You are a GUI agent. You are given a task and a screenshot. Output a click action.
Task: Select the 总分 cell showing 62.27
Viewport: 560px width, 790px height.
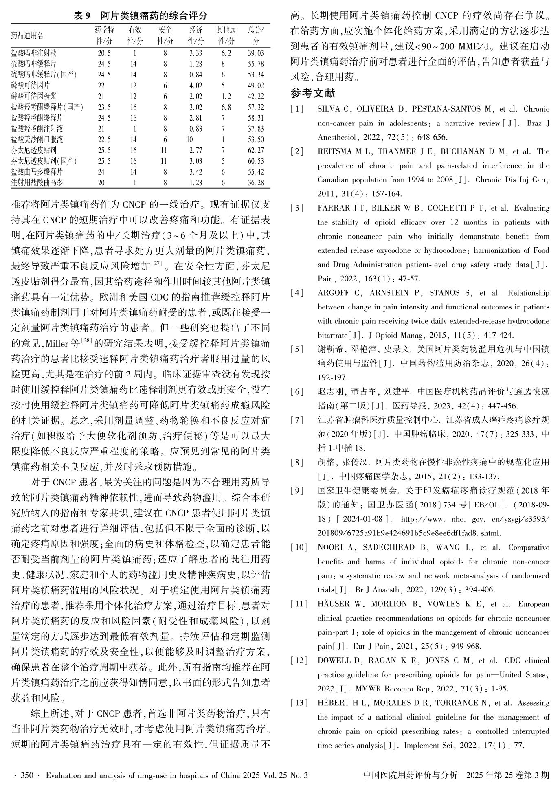point(256,150)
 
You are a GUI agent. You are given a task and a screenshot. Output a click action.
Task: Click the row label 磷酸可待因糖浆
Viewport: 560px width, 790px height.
point(34,96)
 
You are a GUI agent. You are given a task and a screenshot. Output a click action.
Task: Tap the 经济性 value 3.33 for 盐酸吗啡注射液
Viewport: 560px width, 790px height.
point(195,53)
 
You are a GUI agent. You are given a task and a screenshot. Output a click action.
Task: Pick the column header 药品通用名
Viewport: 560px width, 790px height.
point(27,35)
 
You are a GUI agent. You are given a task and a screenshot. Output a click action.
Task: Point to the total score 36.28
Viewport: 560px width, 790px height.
point(256,182)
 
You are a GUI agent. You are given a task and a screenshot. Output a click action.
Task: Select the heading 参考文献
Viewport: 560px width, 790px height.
point(313,93)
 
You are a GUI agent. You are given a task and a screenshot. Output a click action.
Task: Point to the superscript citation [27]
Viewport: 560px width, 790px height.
point(157,264)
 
